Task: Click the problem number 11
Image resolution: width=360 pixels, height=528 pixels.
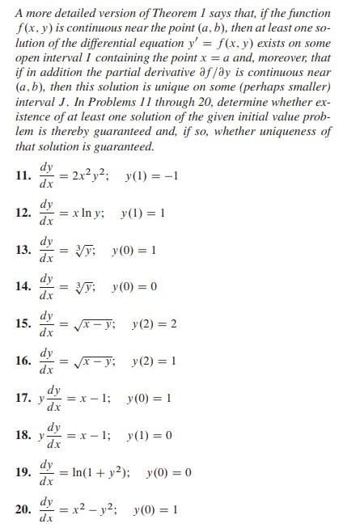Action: (x=23, y=177)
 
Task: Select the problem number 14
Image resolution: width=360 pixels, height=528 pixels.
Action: (x=23, y=289)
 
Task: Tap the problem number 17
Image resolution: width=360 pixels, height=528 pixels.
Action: (x=23, y=399)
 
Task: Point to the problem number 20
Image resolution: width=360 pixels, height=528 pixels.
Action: (x=23, y=511)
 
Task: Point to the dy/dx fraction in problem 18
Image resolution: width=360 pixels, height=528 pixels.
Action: (x=53, y=437)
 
